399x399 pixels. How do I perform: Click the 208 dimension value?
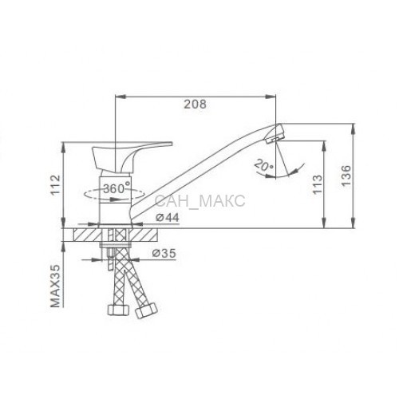pyautogui.click(x=195, y=104)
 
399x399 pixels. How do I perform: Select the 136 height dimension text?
pyautogui.click(x=346, y=176)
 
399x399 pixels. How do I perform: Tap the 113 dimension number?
pyautogui.click(x=317, y=184)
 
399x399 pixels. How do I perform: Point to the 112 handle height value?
pyautogui.click(x=56, y=185)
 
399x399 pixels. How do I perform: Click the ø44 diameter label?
pyautogui.click(x=168, y=218)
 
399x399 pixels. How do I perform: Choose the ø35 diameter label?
pyautogui.click(x=164, y=253)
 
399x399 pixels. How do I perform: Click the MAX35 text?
pyautogui.click(x=55, y=286)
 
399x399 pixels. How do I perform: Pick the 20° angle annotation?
pyautogui.click(x=263, y=165)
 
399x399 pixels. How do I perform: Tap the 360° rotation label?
pyautogui.click(x=117, y=188)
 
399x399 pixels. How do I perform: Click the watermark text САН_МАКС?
pyautogui.click(x=199, y=201)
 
